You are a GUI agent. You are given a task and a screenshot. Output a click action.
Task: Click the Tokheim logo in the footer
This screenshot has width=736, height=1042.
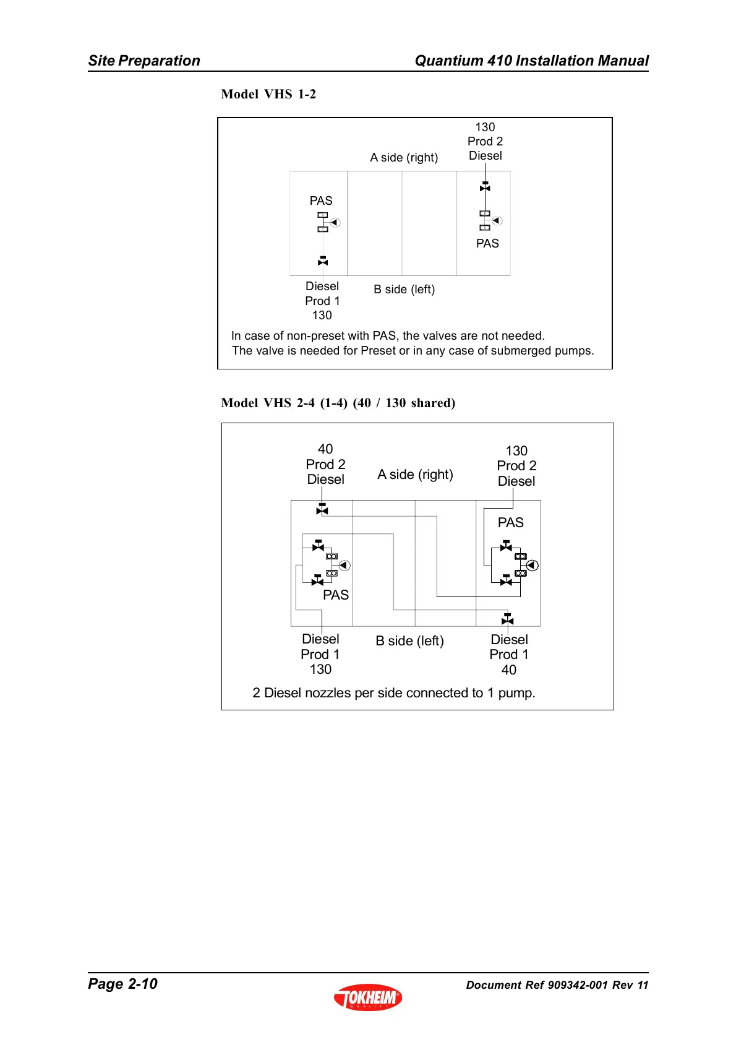pyautogui.click(x=368, y=997)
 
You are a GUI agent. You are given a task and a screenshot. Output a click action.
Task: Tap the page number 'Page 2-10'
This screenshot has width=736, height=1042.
pyautogui.click(x=122, y=984)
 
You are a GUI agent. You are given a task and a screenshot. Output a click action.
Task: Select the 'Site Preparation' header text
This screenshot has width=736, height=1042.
pyautogui.click(x=144, y=61)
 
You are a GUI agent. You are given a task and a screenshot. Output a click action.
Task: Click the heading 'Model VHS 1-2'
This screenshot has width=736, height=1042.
pyautogui.click(x=268, y=94)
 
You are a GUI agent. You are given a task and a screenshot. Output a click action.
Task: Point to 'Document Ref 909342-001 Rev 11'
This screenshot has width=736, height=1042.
pyautogui.click(x=557, y=985)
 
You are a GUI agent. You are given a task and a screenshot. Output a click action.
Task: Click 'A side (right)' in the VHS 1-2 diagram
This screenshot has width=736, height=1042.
pyautogui.click(x=404, y=158)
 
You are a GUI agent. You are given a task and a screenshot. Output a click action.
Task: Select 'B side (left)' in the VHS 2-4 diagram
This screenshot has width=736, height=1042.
pyautogui.click(x=409, y=641)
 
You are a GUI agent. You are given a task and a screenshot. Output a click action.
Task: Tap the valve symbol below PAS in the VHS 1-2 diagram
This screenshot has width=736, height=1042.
pyautogui.click(x=323, y=261)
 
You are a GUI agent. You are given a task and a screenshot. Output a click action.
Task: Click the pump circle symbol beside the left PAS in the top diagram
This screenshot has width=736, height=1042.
pyautogui.click(x=335, y=222)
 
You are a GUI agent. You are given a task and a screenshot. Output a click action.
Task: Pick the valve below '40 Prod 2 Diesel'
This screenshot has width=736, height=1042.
pyautogui.click(x=322, y=509)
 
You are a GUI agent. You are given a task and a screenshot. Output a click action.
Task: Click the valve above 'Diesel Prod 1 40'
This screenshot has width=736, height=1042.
pyautogui.click(x=507, y=619)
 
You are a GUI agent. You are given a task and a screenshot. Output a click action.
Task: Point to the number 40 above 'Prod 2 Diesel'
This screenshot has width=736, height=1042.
pyautogui.click(x=325, y=449)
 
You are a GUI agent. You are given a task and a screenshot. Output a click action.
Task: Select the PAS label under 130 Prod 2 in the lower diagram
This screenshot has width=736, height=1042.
pyautogui.click(x=510, y=523)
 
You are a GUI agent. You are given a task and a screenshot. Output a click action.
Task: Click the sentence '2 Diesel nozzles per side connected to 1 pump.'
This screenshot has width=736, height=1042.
pyautogui.click(x=394, y=693)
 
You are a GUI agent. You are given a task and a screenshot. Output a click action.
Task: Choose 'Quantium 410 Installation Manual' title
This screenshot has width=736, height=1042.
pyautogui.click(x=531, y=61)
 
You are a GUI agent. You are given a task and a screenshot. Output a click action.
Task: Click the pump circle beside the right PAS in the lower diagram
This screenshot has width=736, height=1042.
pyautogui.click(x=532, y=566)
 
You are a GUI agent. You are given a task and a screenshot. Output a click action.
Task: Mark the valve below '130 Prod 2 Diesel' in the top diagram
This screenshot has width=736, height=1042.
pyautogui.click(x=485, y=187)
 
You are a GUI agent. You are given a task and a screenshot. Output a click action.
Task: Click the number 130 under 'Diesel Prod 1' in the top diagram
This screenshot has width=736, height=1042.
pyautogui.click(x=322, y=316)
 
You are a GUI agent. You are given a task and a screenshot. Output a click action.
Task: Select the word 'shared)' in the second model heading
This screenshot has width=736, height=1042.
pyautogui.click(x=434, y=403)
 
